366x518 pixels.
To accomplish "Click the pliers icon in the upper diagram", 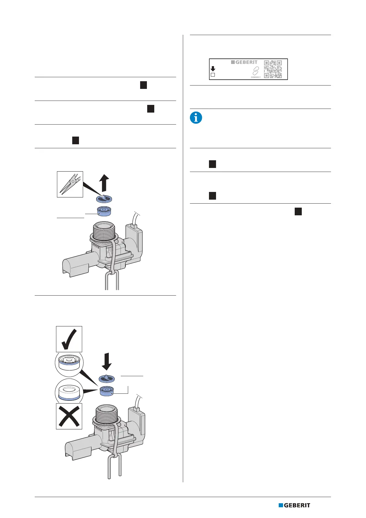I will (x=70, y=184).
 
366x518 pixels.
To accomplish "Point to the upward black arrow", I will (x=105, y=182).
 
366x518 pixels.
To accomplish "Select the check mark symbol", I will (x=69, y=339).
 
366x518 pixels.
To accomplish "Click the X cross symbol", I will (x=69, y=416).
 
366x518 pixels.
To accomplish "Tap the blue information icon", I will (x=196, y=118).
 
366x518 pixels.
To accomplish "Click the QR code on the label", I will (x=273, y=69).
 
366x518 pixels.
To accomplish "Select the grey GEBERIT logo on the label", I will (x=244, y=62).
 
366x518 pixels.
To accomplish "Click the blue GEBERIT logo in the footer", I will (x=294, y=505).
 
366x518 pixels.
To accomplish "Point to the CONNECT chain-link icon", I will (x=256, y=71).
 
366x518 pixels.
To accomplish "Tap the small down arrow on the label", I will (x=213, y=69).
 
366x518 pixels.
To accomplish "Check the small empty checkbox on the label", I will (x=213, y=75).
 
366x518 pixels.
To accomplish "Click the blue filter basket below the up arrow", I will (x=104, y=199).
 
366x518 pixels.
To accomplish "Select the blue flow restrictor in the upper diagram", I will (x=104, y=211).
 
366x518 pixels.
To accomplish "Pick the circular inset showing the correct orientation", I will (x=69, y=365).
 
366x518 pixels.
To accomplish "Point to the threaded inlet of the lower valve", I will (x=106, y=412).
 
